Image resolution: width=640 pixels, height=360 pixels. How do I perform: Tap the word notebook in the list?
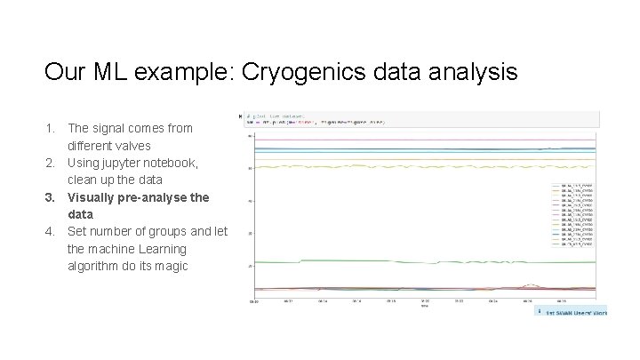175,163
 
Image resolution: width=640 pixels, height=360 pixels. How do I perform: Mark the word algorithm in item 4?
94,266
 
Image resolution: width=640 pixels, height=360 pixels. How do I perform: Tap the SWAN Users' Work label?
574,312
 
